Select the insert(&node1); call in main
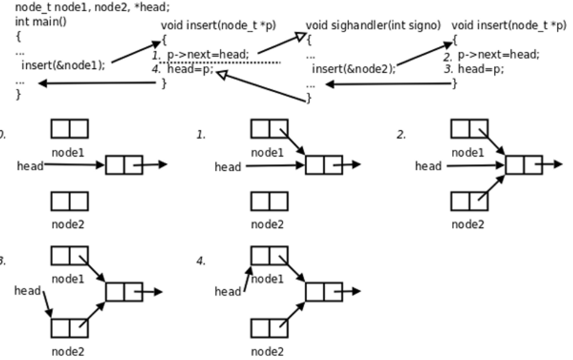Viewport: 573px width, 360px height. tap(63, 65)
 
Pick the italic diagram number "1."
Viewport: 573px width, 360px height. tap(201, 135)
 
